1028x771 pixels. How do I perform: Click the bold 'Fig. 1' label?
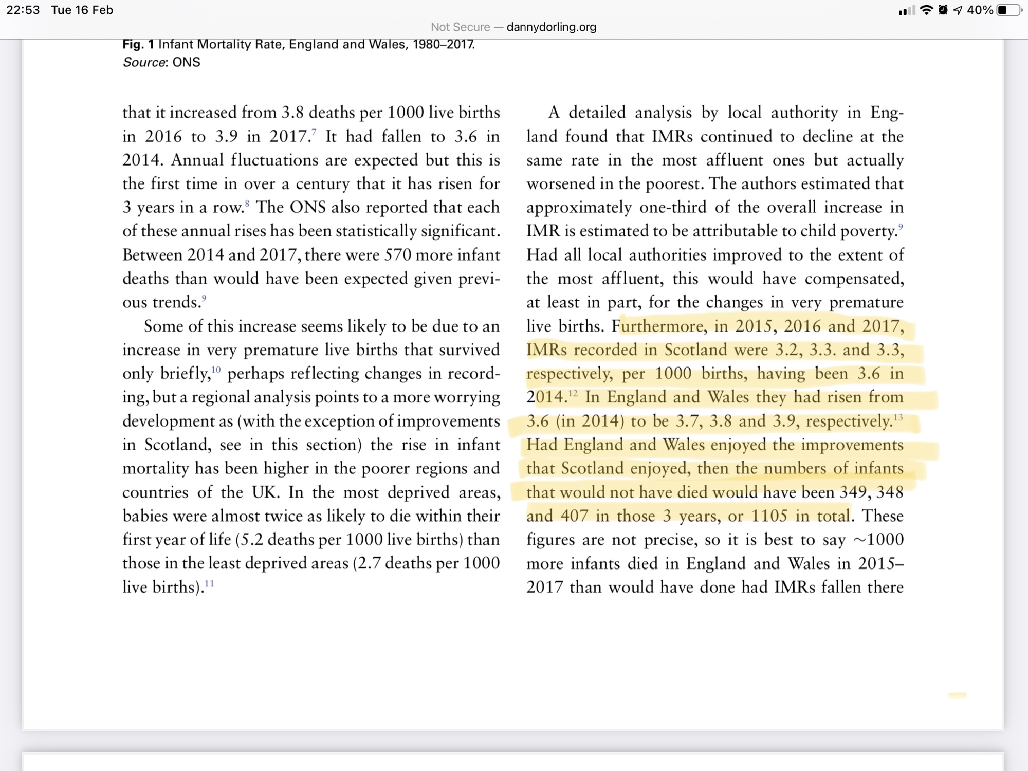(x=138, y=44)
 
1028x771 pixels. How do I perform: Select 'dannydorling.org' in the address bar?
(x=551, y=27)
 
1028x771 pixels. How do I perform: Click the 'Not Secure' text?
(x=460, y=27)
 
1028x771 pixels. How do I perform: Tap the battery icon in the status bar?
(x=1008, y=10)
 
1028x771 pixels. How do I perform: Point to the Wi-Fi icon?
(x=926, y=10)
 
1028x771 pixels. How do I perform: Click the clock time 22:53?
(x=23, y=10)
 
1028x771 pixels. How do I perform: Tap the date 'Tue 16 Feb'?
(x=82, y=10)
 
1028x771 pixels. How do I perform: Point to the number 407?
(x=574, y=516)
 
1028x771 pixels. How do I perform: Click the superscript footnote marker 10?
(x=216, y=369)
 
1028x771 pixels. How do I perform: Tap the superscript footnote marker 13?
(x=898, y=417)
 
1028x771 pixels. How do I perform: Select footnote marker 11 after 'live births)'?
(x=209, y=583)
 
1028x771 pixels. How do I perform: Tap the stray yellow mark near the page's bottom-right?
(x=957, y=695)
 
